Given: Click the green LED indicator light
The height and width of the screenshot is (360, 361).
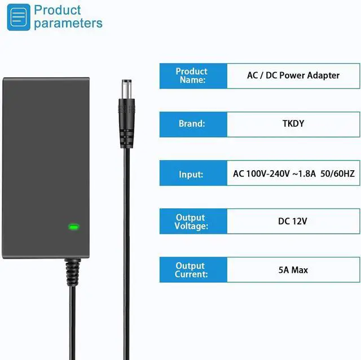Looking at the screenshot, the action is [73, 228].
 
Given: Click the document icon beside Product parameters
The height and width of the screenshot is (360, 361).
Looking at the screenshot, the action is [19, 17].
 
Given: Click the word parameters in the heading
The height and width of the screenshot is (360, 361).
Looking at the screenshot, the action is [68, 24].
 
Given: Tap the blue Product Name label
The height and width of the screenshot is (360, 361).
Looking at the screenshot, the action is [192, 75].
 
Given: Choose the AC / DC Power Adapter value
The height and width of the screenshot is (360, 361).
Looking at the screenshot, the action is [293, 75].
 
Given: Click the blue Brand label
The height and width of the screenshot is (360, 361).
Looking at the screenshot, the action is [192, 124].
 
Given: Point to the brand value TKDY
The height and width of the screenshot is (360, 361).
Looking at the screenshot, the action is [293, 124].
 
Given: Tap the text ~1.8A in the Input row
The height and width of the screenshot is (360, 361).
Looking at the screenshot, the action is [298, 174].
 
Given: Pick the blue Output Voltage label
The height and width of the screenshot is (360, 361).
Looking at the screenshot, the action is [192, 222].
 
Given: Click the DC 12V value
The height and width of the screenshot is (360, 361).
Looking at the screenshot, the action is [293, 222].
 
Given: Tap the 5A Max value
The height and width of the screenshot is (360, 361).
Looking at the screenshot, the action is [293, 270].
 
